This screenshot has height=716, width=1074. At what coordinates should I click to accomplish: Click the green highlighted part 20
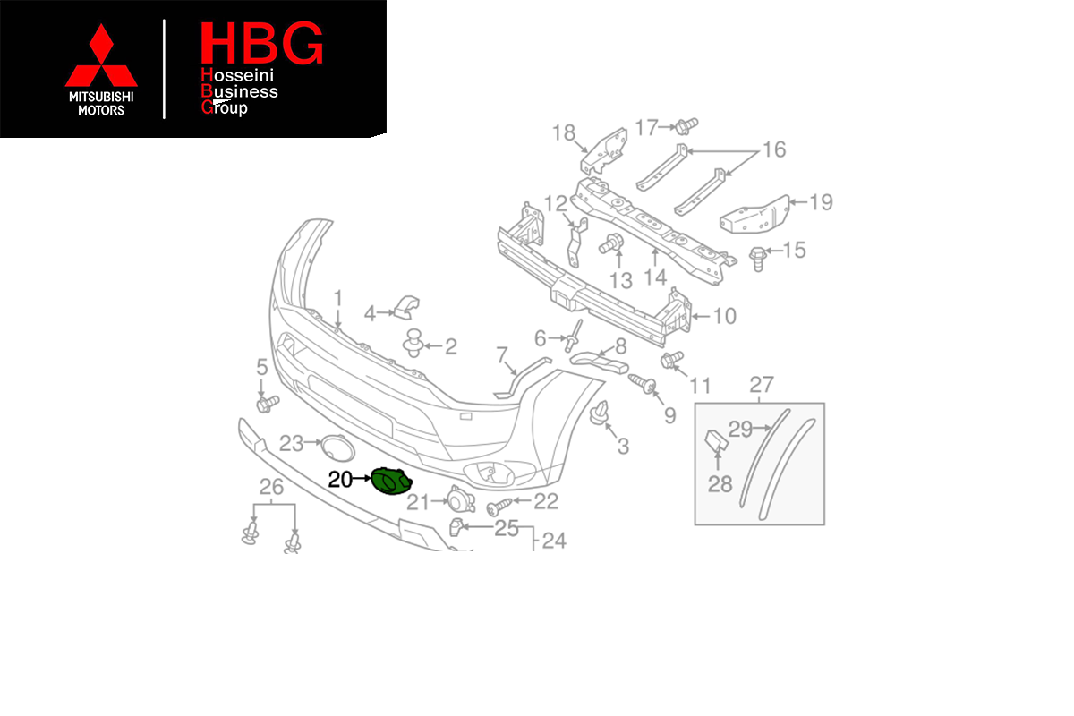click(x=391, y=481)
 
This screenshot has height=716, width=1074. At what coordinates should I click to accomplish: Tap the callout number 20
click(x=340, y=480)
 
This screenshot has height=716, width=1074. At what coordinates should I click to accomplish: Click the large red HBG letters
click(x=261, y=43)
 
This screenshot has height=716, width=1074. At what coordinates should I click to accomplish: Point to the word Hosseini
click(x=237, y=75)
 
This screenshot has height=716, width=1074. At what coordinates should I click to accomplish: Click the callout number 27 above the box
click(x=762, y=384)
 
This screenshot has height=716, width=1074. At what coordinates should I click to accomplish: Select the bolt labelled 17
click(x=686, y=126)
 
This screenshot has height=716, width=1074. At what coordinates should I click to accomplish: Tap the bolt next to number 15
click(x=758, y=258)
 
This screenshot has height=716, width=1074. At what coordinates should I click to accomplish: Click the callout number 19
click(x=821, y=202)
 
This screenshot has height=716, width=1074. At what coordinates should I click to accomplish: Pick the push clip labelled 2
click(x=413, y=343)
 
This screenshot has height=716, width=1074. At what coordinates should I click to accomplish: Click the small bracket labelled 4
click(x=406, y=307)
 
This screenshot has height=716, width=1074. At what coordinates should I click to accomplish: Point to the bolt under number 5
click(x=268, y=404)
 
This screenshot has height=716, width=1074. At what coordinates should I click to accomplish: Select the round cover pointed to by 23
click(x=337, y=447)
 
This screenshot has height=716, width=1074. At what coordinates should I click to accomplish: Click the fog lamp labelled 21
click(x=461, y=499)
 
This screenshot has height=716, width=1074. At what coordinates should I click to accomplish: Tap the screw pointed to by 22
click(x=499, y=507)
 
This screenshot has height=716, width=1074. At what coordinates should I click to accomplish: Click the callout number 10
click(x=724, y=316)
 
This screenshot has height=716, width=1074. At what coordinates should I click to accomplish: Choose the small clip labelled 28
click(x=716, y=441)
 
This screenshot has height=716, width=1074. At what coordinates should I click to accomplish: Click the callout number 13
click(x=621, y=280)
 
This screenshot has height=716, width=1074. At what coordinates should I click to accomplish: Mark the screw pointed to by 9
click(x=642, y=384)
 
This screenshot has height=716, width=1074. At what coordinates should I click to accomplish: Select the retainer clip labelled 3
click(x=599, y=413)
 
